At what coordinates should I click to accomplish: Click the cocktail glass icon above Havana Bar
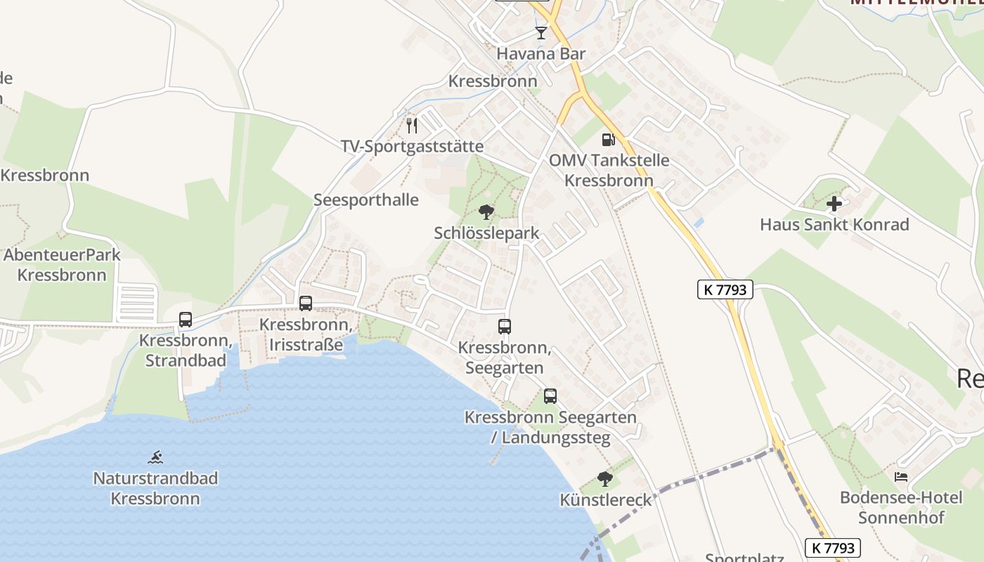pyautogui.click(x=540, y=33)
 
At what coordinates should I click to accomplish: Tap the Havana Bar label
pyautogui.click(x=540, y=53)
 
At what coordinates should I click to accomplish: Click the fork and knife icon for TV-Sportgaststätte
pyautogui.click(x=412, y=126)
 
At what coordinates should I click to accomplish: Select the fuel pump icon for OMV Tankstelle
pyautogui.click(x=608, y=140)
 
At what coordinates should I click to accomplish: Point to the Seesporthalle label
pyautogui.click(x=365, y=200)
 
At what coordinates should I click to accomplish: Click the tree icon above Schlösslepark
pyautogui.click(x=486, y=212)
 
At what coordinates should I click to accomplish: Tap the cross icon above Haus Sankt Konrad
pyautogui.click(x=834, y=204)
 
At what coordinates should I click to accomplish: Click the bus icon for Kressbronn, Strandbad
pyautogui.click(x=186, y=320)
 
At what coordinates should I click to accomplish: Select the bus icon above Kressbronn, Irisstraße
pyautogui.click(x=306, y=303)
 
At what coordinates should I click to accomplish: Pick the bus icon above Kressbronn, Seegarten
pyautogui.click(x=505, y=327)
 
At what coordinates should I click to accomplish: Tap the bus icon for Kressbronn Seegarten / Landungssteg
pyautogui.click(x=550, y=396)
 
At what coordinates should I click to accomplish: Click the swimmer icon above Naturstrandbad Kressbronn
pyautogui.click(x=155, y=457)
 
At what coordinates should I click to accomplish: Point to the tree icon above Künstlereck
pyautogui.click(x=604, y=479)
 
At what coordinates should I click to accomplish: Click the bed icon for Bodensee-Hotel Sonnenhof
pyautogui.click(x=900, y=477)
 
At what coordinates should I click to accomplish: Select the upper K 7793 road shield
pyautogui.click(x=725, y=289)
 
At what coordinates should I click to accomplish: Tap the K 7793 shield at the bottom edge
pyautogui.click(x=832, y=548)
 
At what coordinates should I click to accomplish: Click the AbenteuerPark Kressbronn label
pyautogui.click(x=62, y=265)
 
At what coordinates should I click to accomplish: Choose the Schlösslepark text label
pyautogui.click(x=486, y=233)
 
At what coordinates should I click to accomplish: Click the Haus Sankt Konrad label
pyautogui.click(x=834, y=225)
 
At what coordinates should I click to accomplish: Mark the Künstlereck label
pyautogui.click(x=605, y=500)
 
